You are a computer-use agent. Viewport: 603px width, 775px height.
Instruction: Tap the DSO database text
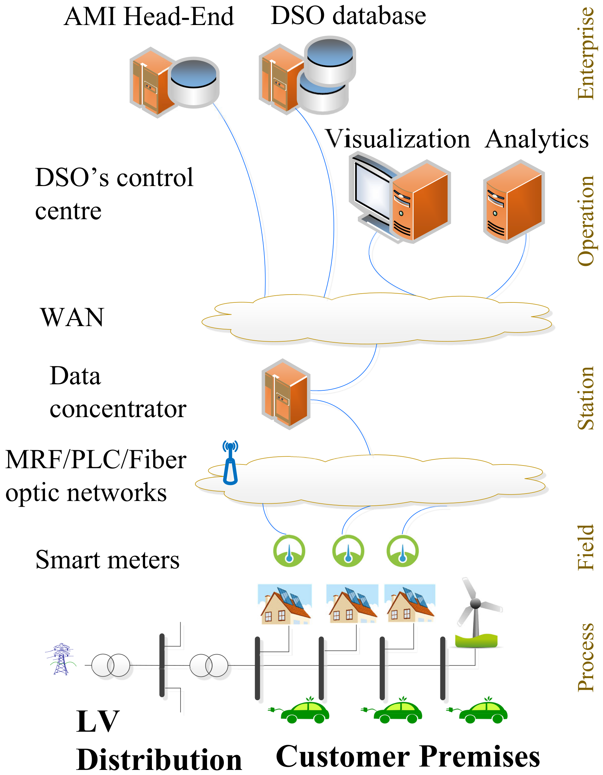click(x=348, y=16)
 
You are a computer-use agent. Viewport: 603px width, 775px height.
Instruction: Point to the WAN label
click(x=72, y=317)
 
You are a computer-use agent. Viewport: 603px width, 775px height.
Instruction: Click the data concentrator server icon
click(x=286, y=394)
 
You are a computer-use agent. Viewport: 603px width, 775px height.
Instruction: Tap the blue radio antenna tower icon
click(x=230, y=462)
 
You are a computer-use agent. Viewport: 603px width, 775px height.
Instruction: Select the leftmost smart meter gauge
click(x=289, y=551)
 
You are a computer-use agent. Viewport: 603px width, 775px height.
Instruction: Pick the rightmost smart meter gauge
click(x=402, y=551)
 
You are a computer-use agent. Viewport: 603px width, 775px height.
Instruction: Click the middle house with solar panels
click(x=352, y=604)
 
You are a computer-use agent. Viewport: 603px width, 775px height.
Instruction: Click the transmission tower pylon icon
click(x=61, y=659)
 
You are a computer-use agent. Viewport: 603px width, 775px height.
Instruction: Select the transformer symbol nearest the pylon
click(x=111, y=665)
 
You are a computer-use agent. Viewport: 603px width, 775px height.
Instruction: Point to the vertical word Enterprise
click(x=586, y=53)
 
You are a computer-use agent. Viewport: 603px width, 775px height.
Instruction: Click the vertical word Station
click(x=586, y=398)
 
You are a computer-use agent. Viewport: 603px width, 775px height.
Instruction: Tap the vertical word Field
click(x=586, y=548)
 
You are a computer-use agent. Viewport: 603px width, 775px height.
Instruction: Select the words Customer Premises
click(x=408, y=756)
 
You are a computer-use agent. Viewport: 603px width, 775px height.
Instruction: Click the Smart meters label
click(x=108, y=560)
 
